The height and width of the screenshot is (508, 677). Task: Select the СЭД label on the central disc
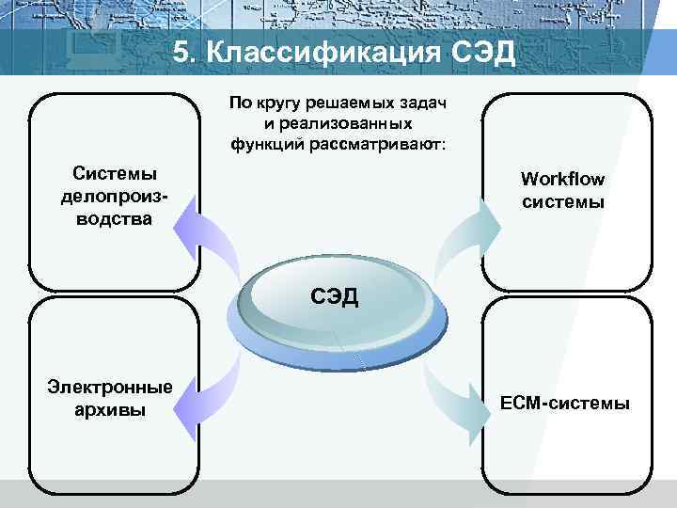[x=335, y=297]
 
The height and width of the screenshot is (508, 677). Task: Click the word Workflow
[x=562, y=179]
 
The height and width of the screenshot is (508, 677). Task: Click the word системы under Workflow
[x=562, y=201]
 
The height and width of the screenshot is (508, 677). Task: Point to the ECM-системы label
[x=565, y=404]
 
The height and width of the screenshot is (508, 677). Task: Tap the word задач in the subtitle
[x=423, y=103]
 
